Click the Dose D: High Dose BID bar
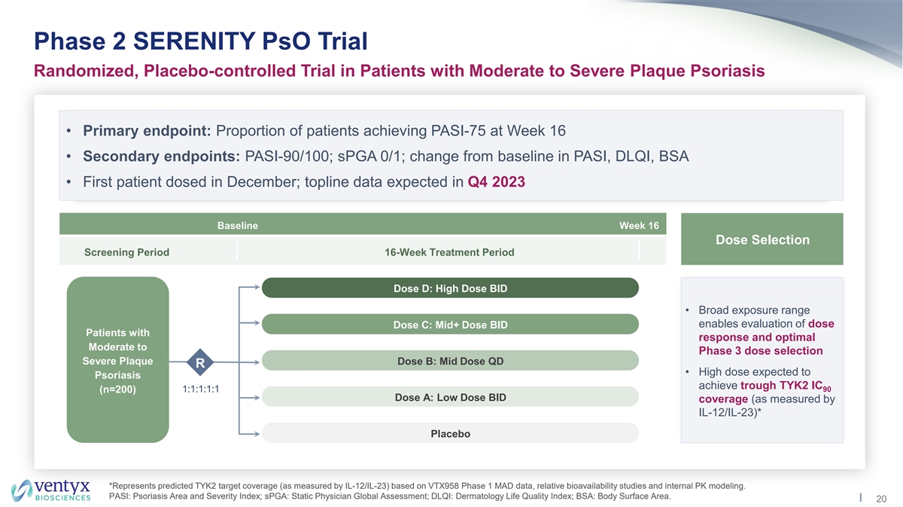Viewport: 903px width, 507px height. (450, 288)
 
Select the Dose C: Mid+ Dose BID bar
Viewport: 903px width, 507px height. (450, 324)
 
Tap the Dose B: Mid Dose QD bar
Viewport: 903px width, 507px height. (450, 360)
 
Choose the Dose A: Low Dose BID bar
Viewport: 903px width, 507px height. (450, 397)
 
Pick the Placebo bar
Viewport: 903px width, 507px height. (450, 433)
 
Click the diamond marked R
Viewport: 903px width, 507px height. (200, 362)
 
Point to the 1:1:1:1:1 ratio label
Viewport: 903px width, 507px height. (201, 389)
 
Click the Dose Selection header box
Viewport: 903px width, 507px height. (762, 239)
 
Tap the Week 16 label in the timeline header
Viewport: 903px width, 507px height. (639, 226)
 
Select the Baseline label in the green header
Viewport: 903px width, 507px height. (238, 226)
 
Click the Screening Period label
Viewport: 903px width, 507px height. (126, 252)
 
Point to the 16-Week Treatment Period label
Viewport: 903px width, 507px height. (449, 252)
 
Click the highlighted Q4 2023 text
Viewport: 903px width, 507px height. (496, 182)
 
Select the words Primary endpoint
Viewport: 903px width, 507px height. (147, 131)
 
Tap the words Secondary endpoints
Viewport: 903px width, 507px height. (162, 156)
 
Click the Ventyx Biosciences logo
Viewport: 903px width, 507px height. (51, 490)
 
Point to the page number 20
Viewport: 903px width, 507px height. (881, 499)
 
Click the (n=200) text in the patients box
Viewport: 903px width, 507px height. (117, 389)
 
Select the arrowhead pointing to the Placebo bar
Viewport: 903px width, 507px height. (257, 434)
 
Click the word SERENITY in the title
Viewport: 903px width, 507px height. (194, 41)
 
